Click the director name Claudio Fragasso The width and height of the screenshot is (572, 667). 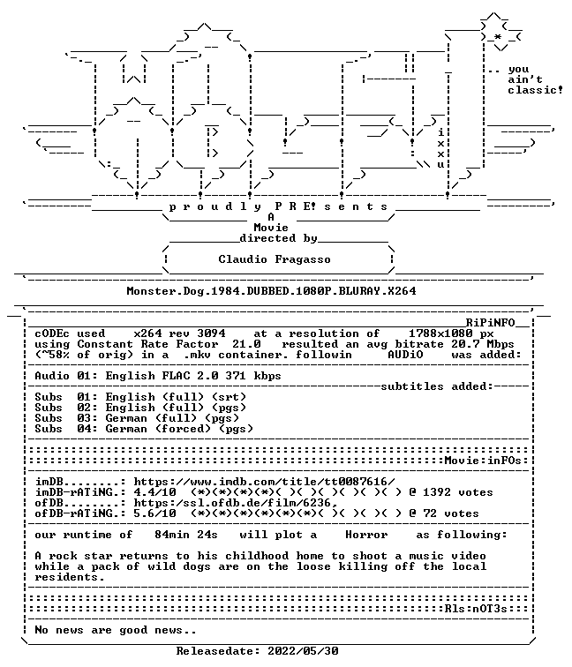pos(275,259)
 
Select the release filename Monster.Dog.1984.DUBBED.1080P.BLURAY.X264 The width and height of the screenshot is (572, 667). pos(272,291)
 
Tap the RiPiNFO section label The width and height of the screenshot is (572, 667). pos(490,323)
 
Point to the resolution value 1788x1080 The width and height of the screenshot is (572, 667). pos(440,333)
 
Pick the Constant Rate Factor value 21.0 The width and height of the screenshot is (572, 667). pos(246,344)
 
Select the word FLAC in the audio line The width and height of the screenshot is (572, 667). pos(176,376)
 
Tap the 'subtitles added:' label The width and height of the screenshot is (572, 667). pos(437,386)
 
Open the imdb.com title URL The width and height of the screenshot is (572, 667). pos(264,482)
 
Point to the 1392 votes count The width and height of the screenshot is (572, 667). pos(437,492)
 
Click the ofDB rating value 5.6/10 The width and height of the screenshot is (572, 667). pos(154,513)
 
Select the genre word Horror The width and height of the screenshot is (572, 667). pos(366,535)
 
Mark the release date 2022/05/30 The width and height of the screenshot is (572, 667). pos(303,651)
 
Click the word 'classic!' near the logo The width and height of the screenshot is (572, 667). pos(535,90)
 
